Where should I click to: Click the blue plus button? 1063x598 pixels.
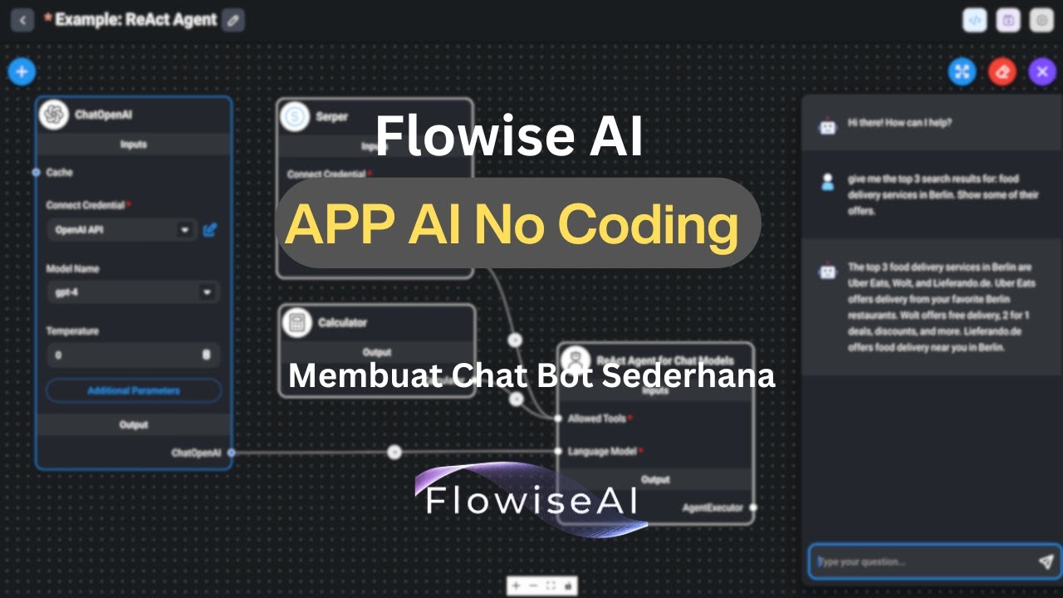(22, 71)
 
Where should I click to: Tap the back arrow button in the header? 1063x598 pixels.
(22, 20)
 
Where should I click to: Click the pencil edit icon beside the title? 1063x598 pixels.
(234, 20)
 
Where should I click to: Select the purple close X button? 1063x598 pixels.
(1042, 71)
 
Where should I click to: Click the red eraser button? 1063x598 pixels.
(1002, 71)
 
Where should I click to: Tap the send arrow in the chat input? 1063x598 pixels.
(1046, 562)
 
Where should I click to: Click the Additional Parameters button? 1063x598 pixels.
(133, 390)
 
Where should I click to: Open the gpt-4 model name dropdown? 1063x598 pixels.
(133, 292)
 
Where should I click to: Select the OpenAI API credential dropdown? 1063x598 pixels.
(121, 230)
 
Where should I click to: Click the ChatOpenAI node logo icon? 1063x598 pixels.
(54, 115)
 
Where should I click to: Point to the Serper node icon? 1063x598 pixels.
(295, 117)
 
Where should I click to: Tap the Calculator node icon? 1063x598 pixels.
(296, 322)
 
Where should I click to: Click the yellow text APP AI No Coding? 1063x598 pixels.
(512, 223)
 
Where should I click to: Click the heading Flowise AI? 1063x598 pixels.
(509, 136)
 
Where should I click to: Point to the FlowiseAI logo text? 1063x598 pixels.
(531, 500)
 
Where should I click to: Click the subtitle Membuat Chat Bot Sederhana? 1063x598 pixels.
(531, 375)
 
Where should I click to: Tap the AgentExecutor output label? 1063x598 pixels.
(713, 507)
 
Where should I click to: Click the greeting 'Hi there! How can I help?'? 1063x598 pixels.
(899, 123)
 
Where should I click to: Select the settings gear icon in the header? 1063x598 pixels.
(1041, 21)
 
